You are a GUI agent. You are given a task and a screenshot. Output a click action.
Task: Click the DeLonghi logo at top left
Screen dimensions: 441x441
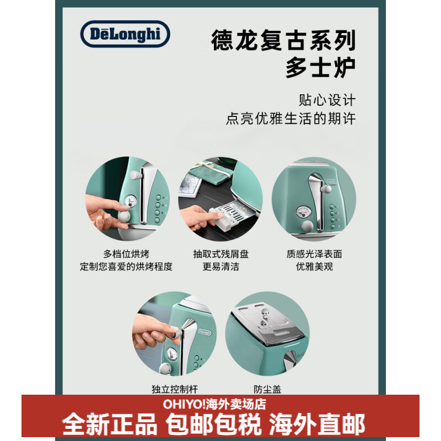(x=125, y=34)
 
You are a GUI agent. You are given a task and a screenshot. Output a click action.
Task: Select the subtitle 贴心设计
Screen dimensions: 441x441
(x=327, y=100)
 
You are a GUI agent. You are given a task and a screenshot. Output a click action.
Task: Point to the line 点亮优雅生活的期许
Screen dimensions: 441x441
(x=291, y=119)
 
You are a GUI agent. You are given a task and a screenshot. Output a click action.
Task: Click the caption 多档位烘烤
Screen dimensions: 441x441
(x=126, y=254)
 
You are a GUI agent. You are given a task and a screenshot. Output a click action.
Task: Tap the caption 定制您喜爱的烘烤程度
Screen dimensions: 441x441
(x=126, y=267)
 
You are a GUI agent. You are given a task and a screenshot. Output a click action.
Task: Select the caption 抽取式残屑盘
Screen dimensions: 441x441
(x=220, y=254)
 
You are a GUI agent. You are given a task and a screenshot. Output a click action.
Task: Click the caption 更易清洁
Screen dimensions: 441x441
(x=220, y=267)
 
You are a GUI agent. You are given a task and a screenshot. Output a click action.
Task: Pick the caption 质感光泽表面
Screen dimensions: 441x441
(x=314, y=254)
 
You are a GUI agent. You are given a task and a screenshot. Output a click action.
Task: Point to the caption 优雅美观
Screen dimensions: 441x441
(x=314, y=267)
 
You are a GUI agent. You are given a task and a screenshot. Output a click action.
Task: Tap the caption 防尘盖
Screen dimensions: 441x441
(x=268, y=389)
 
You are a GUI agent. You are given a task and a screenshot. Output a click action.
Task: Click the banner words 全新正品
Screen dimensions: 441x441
(x=110, y=424)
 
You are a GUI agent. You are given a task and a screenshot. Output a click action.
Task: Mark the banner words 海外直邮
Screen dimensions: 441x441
(x=317, y=424)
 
